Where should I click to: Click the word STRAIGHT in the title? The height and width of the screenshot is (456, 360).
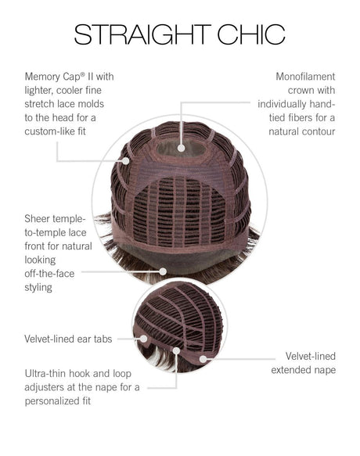click(142, 34)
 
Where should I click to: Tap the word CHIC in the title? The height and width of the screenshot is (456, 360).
click(251, 34)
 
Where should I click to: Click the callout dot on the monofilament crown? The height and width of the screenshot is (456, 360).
click(182, 149)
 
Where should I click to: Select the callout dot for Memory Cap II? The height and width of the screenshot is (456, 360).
click(126, 161)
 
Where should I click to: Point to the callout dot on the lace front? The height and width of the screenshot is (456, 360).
click(163, 271)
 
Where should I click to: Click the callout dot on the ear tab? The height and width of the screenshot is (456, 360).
click(144, 339)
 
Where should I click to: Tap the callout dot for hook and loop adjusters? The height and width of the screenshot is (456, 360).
click(176, 350)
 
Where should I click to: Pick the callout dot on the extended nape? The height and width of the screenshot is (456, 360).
click(203, 359)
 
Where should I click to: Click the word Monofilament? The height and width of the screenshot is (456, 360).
click(305, 77)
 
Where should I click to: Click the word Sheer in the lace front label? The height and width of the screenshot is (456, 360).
click(36, 219)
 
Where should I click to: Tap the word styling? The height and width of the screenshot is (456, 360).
click(38, 288)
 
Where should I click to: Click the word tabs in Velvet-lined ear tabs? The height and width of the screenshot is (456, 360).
click(103, 339)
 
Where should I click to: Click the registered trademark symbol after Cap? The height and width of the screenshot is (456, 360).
click(83, 74)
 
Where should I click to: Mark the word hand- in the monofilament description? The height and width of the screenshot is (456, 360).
click(322, 104)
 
